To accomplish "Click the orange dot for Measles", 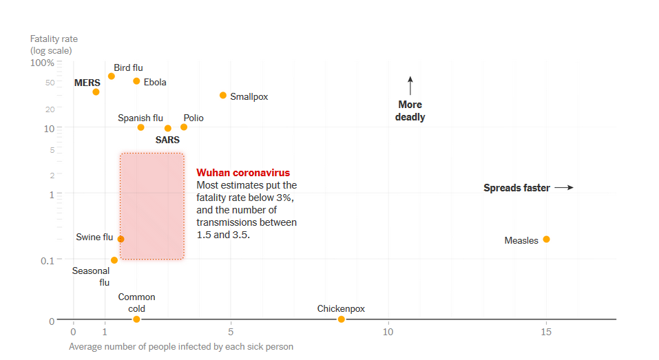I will click(546, 240).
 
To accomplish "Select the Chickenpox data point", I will click(341, 319).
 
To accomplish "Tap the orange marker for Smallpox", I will click(223, 96).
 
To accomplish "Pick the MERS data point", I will click(96, 92).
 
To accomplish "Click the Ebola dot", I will click(136, 81).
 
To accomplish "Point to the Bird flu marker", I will click(112, 76).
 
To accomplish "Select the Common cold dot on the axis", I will click(136, 319).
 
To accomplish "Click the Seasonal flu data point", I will click(114, 260).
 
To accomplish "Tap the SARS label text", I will click(167, 140).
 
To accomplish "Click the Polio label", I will click(193, 118).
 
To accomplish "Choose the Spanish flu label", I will click(140, 118).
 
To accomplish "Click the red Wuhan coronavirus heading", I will click(243, 173).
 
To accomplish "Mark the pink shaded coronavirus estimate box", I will click(151, 206).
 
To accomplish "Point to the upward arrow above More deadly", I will click(410, 86).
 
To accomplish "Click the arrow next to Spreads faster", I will click(564, 187).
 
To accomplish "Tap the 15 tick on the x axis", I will click(546, 332).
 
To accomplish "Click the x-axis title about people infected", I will click(181, 347).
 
